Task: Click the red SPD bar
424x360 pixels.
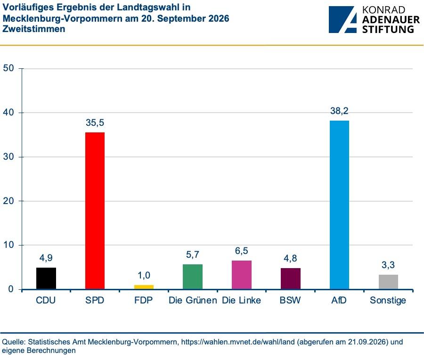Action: click(95, 211)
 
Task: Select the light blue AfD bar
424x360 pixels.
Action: click(339, 205)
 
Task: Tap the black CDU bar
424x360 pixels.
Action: click(46, 278)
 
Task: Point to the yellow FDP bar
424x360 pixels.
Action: click(144, 287)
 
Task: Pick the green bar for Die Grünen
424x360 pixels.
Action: click(193, 277)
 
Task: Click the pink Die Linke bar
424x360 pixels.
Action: click(242, 275)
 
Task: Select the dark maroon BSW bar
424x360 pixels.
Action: click(290, 278)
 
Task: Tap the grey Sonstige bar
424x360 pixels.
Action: click(388, 282)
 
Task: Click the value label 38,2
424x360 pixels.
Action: click(339, 111)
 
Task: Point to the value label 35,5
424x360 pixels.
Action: click(95, 123)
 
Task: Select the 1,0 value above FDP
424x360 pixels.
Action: click(144, 275)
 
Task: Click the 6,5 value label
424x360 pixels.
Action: click(242, 251)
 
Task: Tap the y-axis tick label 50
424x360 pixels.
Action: click(8, 68)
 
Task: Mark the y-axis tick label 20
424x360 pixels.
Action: click(8, 201)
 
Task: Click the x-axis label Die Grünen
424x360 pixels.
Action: click(193, 300)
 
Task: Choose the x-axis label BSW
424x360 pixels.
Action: click(290, 300)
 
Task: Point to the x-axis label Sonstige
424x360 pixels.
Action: click(388, 301)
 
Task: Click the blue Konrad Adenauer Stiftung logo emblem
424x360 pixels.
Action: click(342, 19)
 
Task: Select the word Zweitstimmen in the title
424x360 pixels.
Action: click(34, 29)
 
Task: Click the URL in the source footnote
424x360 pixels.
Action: click(238, 342)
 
